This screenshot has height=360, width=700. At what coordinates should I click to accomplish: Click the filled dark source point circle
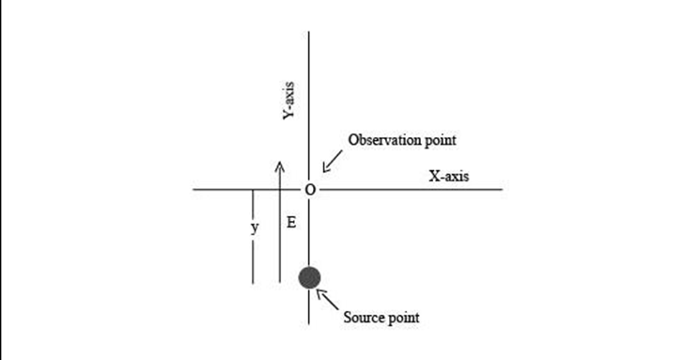[x=309, y=277]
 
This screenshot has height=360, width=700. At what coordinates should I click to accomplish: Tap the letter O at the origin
[x=310, y=190]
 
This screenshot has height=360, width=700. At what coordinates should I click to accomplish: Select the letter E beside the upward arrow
[x=291, y=223]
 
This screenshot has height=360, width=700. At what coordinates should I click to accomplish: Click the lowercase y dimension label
[x=254, y=228]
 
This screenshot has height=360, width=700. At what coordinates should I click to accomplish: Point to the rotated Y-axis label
[x=288, y=101]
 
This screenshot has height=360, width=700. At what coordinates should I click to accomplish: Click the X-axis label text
[x=449, y=176]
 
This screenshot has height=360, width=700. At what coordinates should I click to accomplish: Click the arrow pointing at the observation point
[x=333, y=161]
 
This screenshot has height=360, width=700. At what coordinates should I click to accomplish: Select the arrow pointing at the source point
[x=327, y=300]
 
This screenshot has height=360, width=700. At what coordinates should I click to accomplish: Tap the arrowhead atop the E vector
[x=279, y=165]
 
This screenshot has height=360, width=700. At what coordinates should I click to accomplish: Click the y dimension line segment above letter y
[x=253, y=205]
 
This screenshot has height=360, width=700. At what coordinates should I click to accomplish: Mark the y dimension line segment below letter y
[x=253, y=262]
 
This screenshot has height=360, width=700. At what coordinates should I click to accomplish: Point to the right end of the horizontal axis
[x=503, y=189]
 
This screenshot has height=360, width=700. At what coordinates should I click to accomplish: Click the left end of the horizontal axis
[x=194, y=189]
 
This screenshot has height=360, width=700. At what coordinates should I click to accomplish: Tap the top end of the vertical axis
[x=309, y=32]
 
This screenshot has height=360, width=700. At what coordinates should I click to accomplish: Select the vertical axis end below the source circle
[x=309, y=324]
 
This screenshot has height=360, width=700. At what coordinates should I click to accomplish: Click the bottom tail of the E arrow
[x=279, y=282]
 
